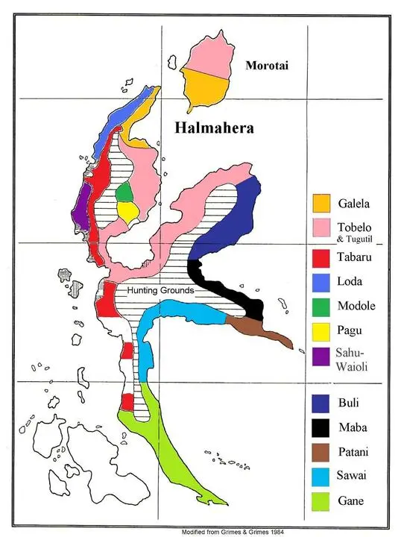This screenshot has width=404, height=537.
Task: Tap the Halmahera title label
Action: click(x=214, y=128)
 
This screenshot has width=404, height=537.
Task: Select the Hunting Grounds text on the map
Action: click(x=160, y=290)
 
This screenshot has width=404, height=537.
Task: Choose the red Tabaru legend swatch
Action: click(x=321, y=257)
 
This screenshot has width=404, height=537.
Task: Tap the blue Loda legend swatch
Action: click(x=321, y=282)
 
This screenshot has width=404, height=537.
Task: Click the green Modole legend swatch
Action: click(x=321, y=307)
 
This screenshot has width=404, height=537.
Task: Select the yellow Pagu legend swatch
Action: click(x=321, y=331)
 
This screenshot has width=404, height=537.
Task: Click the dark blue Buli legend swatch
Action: click(x=321, y=403)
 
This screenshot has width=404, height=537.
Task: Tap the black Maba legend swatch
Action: click(x=321, y=428)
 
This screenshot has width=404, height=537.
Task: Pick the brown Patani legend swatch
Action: click(x=321, y=453)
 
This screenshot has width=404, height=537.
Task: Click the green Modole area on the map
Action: click(x=125, y=192)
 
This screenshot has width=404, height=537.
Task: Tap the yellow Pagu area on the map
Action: click(x=127, y=213)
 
